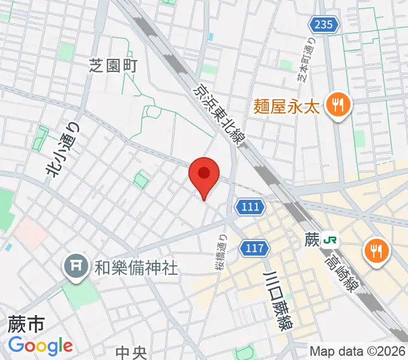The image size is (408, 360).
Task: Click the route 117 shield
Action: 254,247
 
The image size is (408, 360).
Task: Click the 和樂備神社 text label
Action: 136,267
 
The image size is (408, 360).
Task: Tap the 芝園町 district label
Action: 113,67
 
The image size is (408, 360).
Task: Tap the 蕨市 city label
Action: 26,325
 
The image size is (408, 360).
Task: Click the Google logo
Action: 40,346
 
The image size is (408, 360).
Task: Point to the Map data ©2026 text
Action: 356,351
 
